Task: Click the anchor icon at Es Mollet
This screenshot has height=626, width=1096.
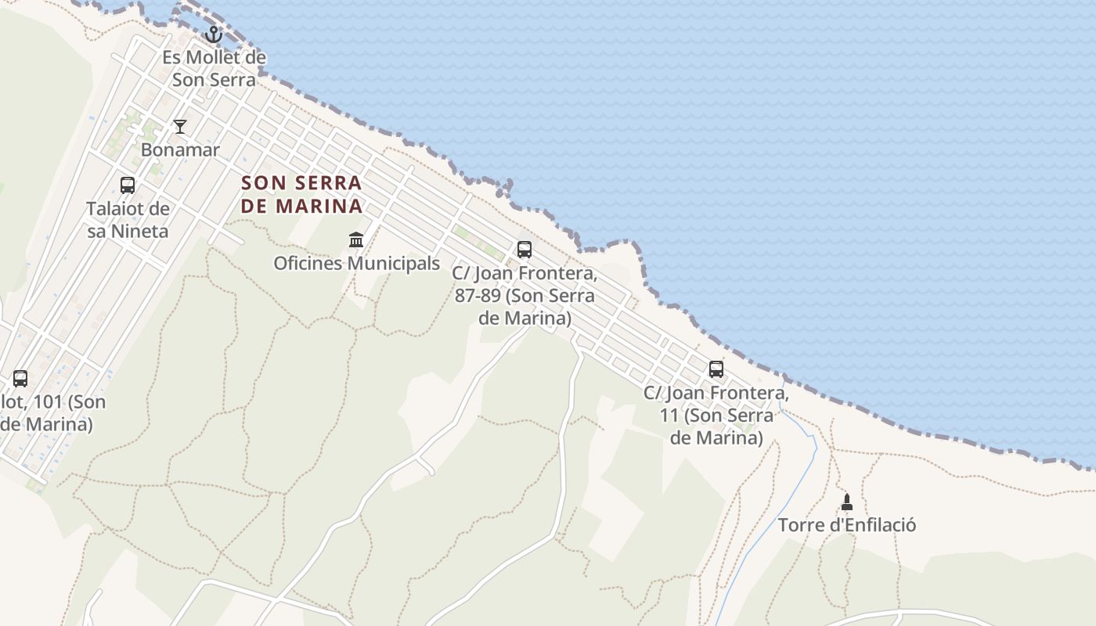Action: (214, 34)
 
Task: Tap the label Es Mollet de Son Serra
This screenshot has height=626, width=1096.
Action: (214, 69)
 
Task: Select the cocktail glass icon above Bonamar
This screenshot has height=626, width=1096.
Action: (180, 126)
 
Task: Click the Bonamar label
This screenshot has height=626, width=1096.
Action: (180, 149)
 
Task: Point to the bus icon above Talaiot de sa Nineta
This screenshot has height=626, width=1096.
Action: (128, 185)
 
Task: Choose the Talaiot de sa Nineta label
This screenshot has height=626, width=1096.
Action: (128, 220)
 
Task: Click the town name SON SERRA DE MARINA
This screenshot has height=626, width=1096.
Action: (301, 194)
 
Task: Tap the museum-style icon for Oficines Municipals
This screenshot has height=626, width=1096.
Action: (356, 239)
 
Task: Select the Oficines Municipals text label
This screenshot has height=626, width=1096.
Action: (356, 263)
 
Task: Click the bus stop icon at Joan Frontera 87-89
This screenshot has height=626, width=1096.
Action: (525, 250)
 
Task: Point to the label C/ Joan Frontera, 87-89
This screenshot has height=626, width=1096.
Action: (525, 297)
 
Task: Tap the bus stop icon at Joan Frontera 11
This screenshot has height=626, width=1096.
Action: (716, 369)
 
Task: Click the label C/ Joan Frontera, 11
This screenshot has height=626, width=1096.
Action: (716, 415)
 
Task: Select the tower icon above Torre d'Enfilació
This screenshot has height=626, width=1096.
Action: (846, 502)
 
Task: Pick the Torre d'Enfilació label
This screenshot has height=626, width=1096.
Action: (846, 524)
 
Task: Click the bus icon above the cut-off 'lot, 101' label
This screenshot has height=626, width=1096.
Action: (20, 379)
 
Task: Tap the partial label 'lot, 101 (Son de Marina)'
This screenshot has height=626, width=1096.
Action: (52, 413)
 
